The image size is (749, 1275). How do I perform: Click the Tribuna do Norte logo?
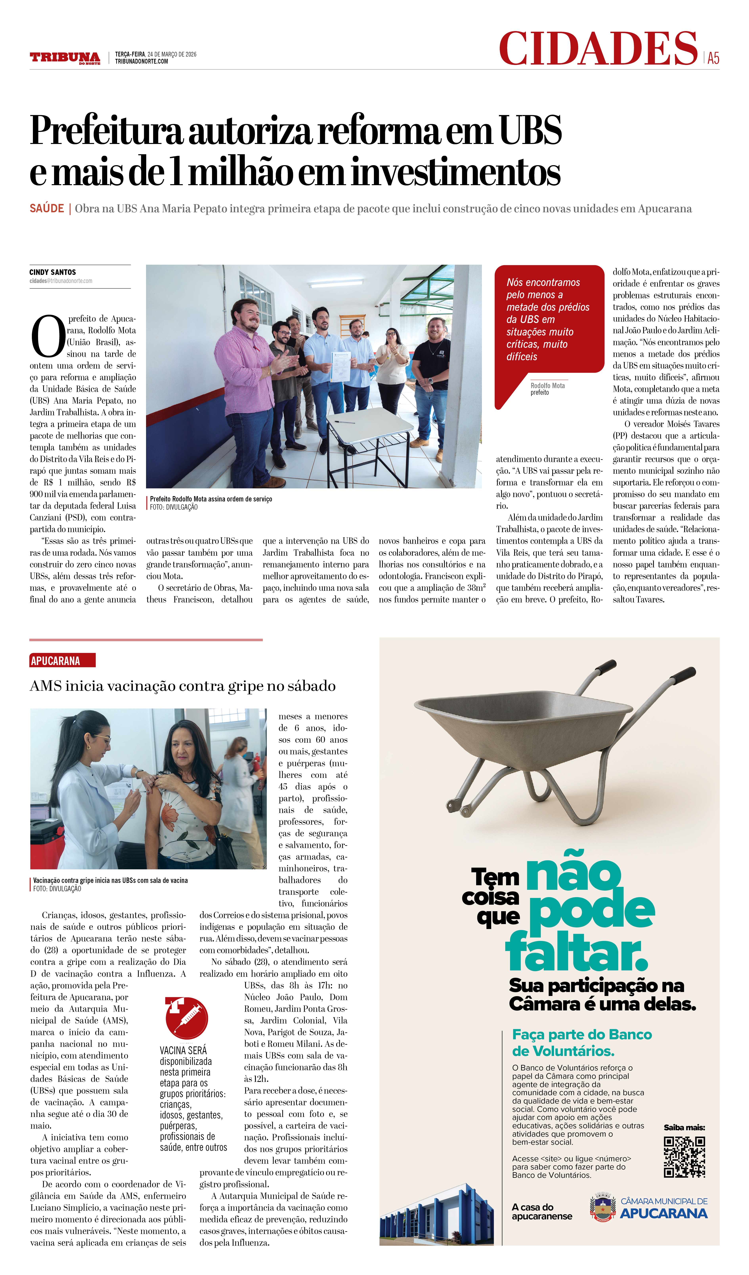[x=65, y=58]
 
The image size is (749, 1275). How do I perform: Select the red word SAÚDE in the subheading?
[x=47, y=209]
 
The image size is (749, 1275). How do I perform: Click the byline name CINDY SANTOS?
[x=53, y=272]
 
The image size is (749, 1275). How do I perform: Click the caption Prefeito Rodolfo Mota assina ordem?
[x=210, y=499]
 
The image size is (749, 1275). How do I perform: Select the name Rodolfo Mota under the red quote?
[x=547, y=386]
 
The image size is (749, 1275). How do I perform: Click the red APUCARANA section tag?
[x=62, y=661]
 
